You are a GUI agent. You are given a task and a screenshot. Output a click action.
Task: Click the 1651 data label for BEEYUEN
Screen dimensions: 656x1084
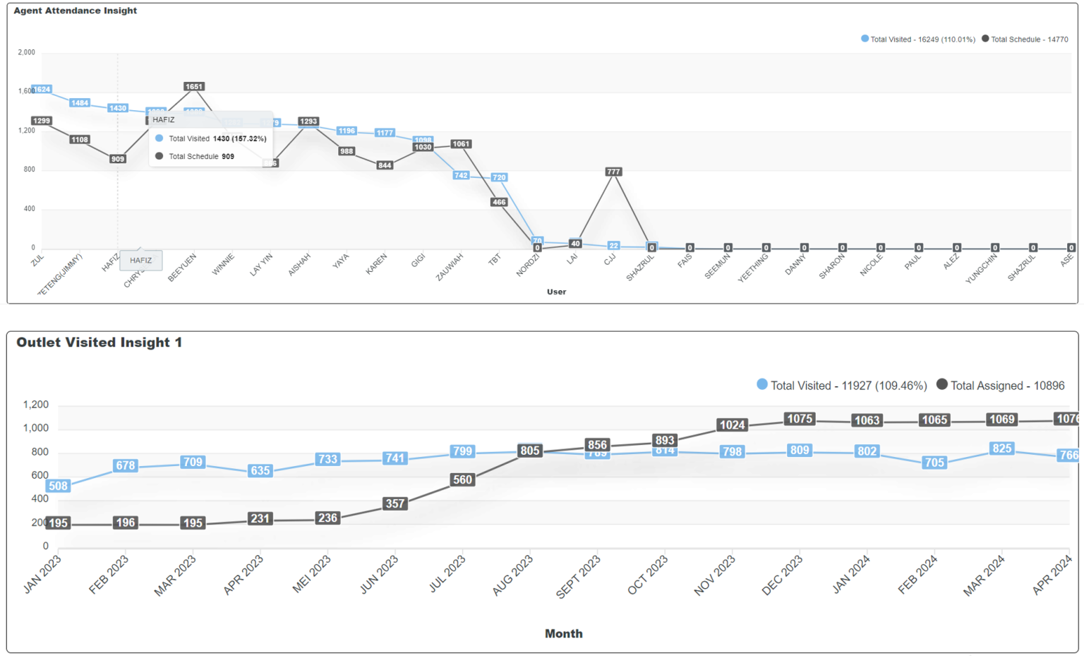[194, 87]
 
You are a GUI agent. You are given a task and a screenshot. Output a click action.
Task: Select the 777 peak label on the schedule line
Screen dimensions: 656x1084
[613, 172]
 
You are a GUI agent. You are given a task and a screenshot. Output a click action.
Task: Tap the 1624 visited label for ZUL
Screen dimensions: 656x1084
[42, 90]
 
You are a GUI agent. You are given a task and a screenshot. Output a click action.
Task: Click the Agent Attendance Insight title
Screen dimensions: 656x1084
[76, 11]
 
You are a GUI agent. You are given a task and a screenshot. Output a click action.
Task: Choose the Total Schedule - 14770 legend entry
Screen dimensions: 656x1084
[1025, 40]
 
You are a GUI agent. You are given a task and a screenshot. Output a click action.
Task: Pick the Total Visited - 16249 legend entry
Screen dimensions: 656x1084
[918, 40]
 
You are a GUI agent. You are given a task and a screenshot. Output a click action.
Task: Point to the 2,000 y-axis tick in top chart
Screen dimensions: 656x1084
[27, 52]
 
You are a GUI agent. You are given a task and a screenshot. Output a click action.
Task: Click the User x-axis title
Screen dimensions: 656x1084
[556, 292]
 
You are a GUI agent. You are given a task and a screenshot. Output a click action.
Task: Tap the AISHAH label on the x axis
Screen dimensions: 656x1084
[299, 265]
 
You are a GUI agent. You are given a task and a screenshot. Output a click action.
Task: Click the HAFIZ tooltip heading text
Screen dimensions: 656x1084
[164, 120]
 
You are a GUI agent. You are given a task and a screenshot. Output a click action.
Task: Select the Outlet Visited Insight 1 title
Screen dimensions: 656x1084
[100, 342]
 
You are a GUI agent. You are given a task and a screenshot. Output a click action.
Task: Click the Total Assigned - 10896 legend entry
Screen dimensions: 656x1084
[1001, 386]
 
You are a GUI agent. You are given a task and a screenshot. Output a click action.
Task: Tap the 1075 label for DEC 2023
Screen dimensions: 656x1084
[800, 419]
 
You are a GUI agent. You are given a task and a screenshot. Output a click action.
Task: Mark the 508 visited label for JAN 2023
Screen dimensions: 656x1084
[58, 486]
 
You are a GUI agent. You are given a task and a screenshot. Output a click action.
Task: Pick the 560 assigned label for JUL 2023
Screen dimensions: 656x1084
[462, 480]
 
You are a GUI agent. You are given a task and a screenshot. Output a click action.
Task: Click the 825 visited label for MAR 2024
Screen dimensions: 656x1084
[1001, 448]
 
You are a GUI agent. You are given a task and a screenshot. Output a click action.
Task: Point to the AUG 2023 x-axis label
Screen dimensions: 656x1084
[513, 576]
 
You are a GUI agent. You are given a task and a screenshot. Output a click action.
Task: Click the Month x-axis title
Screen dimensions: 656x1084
[563, 633]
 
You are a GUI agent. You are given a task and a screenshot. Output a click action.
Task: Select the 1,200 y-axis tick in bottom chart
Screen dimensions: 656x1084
[36, 405]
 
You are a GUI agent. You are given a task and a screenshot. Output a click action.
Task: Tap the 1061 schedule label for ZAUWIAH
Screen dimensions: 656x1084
[461, 144]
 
